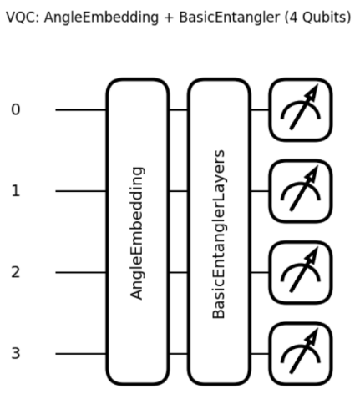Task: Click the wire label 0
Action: (x=16, y=109)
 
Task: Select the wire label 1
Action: (x=16, y=191)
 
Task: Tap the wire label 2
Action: (x=16, y=272)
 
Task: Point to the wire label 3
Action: (x=16, y=353)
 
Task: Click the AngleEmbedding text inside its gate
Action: (x=137, y=233)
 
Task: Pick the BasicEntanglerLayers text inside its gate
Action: (x=219, y=234)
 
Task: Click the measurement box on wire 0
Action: (x=301, y=110)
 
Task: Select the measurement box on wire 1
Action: (x=301, y=191)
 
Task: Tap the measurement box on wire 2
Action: (x=301, y=272)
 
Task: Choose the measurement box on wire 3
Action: (x=301, y=354)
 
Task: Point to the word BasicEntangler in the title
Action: (x=230, y=18)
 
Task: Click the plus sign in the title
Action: (x=169, y=18)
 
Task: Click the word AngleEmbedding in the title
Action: (x=101, y=18)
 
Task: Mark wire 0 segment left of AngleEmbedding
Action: (x=81, y=110)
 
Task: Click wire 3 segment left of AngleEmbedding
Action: (x=81, y=354)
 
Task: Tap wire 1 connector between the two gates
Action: (x=179, y=191)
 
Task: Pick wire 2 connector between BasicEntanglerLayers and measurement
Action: (x=260, y=272)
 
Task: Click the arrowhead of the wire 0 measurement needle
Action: (x=312, y=93)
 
